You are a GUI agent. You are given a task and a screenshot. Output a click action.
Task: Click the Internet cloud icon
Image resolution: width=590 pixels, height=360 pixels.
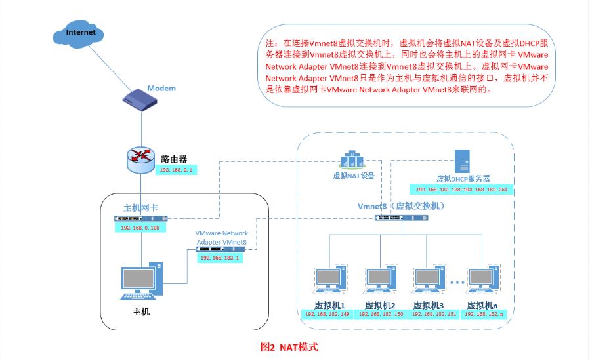(78, 33)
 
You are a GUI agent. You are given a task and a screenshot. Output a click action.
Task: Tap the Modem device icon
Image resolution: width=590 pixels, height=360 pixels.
(140, 100)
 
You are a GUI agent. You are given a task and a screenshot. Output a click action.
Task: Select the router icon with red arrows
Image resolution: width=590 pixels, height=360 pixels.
(140, 160)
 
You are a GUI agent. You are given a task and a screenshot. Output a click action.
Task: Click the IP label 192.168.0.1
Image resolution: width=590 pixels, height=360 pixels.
(176, 170)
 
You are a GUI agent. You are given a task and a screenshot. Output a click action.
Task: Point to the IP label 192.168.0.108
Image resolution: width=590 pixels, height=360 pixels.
(140, 228)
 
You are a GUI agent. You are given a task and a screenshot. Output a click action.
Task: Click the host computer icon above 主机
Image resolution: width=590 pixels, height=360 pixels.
(142, 281)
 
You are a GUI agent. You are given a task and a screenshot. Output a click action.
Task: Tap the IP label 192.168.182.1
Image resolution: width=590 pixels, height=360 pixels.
(220, 258)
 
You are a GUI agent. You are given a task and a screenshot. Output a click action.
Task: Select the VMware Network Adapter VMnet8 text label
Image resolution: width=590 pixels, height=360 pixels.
(222, 237)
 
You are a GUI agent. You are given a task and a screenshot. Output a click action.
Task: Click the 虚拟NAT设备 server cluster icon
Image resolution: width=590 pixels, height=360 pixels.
(352, 159)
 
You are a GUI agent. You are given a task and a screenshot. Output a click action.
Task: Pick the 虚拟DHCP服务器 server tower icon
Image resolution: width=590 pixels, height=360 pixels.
(462, 161)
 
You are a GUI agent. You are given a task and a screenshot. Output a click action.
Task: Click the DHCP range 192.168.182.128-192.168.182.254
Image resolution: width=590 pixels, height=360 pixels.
(461, 190)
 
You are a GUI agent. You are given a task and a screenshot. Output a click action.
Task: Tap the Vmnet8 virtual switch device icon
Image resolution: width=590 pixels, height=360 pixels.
(402, 218)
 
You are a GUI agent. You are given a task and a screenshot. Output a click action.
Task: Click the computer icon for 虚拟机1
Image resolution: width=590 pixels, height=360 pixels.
(331, 279)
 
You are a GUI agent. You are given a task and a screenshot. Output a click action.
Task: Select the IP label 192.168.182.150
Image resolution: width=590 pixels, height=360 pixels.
(381, 314)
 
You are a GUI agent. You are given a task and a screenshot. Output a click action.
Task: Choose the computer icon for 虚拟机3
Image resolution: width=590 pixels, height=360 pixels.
(429, 279)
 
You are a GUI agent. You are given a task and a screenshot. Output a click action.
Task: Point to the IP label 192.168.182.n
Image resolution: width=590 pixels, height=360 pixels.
(484, 314)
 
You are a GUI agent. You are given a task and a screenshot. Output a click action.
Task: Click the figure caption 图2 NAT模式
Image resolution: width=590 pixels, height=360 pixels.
(289, 346)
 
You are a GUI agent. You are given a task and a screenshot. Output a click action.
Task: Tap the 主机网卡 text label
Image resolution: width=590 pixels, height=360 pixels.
(140, 208)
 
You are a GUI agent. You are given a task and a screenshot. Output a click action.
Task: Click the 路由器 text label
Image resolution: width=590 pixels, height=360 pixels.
(174, 159)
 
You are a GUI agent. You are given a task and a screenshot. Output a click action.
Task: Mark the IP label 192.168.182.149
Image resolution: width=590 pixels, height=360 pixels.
(327, 314)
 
